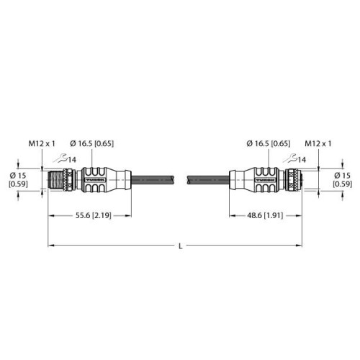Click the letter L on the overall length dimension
(179, 247)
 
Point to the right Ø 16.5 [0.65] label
(268, 144)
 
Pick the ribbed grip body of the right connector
(261, 179)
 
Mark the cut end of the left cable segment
(173, 179)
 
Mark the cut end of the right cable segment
(189, 179)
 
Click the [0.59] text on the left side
(19, 186)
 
